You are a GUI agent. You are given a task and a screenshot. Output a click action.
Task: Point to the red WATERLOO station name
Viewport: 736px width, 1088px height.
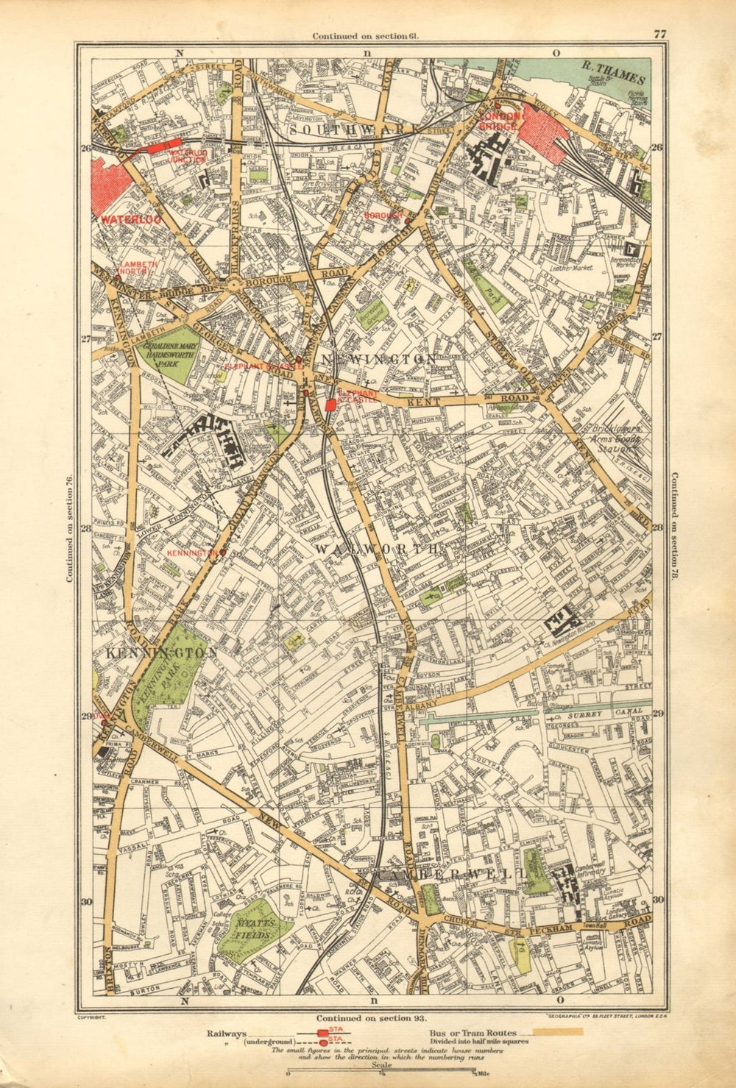coord(120,219)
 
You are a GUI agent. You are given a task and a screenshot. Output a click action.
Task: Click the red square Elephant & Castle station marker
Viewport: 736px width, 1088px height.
coord(330,404)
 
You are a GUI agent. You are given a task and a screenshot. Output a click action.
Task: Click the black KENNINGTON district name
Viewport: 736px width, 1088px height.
coord(161,653)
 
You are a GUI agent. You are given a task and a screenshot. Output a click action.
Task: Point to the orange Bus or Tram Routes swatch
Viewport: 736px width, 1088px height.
coord(558,1032)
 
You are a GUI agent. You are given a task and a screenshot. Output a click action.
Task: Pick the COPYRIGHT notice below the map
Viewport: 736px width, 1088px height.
coord(92,1017)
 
